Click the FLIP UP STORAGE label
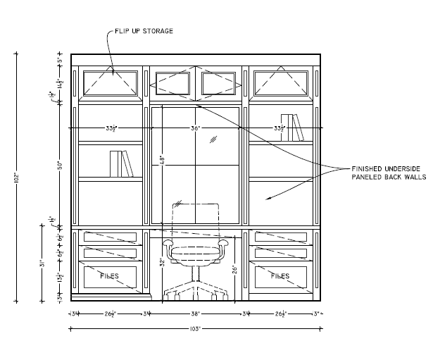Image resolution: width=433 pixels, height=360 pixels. point(141,31)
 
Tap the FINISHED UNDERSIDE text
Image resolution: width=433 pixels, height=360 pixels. point(385,168)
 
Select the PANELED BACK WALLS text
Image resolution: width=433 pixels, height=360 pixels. point(386,178)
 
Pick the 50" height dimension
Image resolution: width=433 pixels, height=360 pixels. point(61,166)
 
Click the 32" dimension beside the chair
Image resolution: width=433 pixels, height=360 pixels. point(162,262)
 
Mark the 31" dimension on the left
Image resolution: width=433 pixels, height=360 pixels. point(42,263)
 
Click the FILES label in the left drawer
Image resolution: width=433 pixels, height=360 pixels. point(110,275)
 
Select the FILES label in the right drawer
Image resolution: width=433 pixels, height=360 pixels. point(281,275)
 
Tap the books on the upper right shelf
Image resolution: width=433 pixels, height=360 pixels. point(289,127)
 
